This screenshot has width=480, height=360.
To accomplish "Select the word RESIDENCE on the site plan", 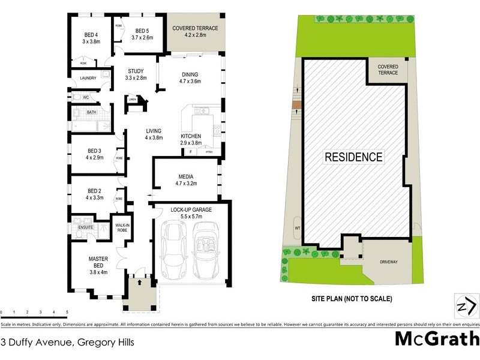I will (x=353, y=157).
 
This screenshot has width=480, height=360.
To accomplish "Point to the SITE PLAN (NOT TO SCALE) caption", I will (x=352, y=298).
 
